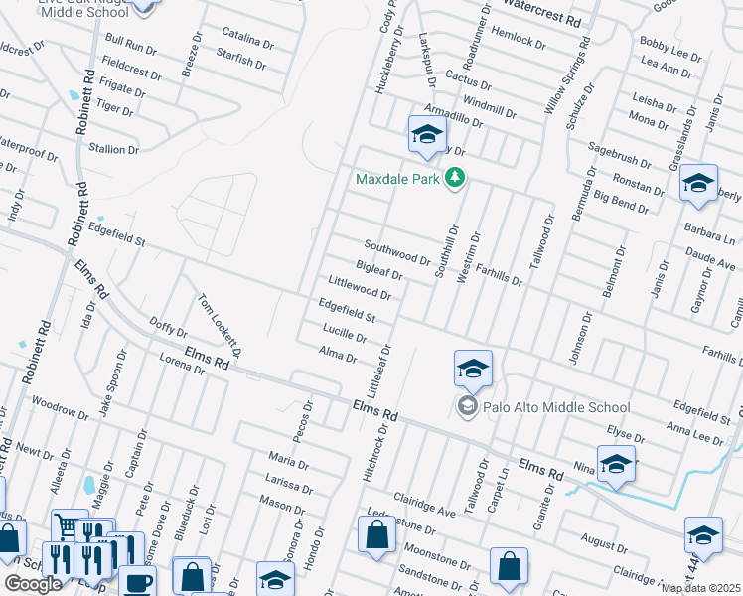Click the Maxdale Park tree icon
(x=456, y=179)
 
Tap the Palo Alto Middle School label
(x=556, y=406)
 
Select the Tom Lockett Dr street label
(x=220, y=325)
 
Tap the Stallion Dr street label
(x=114, y=149)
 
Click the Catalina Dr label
(x=247, y=41)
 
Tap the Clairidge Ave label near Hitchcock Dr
(x=423, y=505)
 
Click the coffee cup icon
(x=138, y=581)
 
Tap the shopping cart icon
(x=67, y=524)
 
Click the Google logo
(x=33, y=583)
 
